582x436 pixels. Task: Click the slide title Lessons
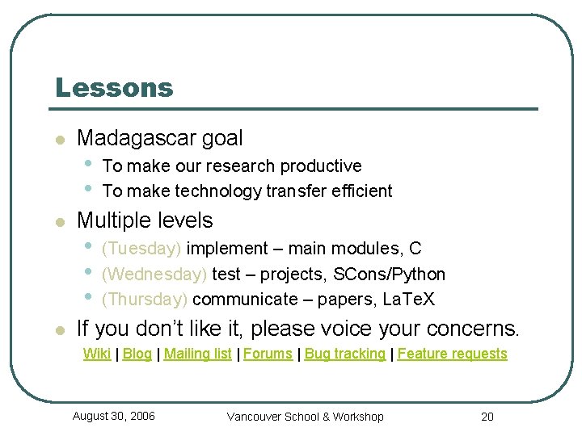coord(114,87)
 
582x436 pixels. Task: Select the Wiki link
coord(97,354)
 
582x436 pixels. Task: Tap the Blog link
coord(137,354)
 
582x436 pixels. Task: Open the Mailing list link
coord(198,354)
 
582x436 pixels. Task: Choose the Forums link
coord(268,354)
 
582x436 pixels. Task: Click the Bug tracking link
coord(345,354)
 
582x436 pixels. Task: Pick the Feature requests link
coord(452,354)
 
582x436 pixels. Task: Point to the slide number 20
coord(487,417)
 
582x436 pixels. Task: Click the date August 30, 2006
coord(114,416)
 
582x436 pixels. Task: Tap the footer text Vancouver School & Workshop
coord(306,417)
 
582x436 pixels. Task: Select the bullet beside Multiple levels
coord(59,222)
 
